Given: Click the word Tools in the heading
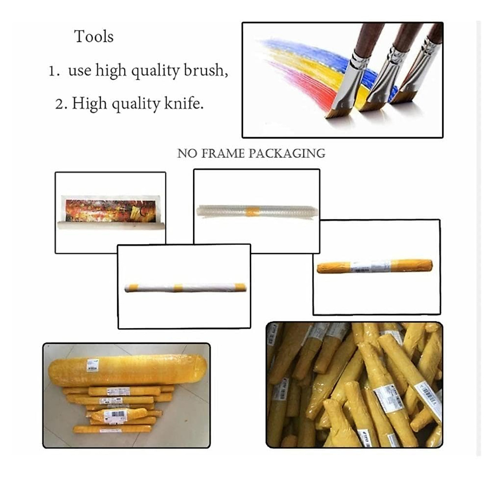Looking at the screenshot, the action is coord(94,37).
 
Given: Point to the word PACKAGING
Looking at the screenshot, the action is coord(287,154).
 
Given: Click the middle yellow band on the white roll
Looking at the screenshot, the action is coord(178,287).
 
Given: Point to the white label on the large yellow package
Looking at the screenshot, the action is coord(93,364).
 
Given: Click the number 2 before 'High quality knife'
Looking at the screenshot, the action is coord(60,105).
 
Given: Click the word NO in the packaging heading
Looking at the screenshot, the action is coord(185,154).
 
